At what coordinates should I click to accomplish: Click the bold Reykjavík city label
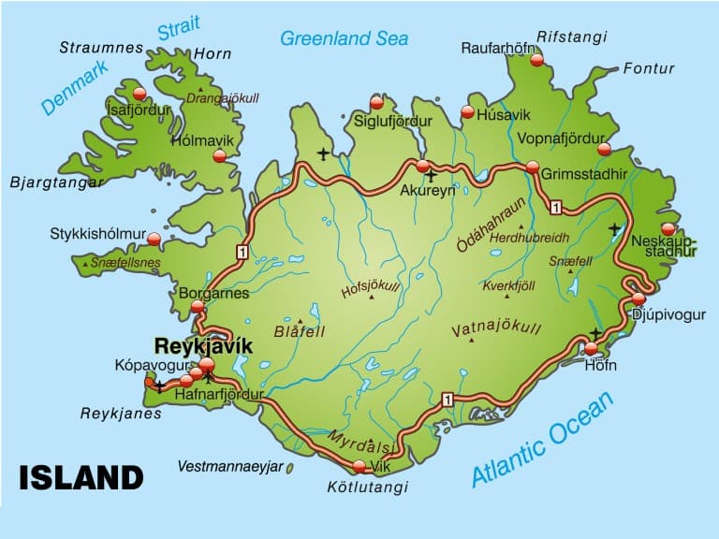[x=203, y=345]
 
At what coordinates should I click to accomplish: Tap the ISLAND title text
[x=81, y=477]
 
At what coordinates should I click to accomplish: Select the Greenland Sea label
[x=345, y=38]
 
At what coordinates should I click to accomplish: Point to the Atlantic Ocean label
[x=542, y=440]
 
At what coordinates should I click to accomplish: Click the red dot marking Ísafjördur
[x=139, y=93]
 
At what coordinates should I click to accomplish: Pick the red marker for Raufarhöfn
[x=536, y=60]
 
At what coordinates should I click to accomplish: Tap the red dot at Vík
[x=359, y=466]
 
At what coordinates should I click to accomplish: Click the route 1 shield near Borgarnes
[x=242, y=252]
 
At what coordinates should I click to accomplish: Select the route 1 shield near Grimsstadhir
[x=556, y=207]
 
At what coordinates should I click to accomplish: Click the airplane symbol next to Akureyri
[x=431, y=175]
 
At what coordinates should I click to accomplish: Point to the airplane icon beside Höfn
[x=595, y=333]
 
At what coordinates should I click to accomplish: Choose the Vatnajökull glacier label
[x=496, y=329]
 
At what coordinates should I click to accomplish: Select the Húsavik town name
[x=504, y=114]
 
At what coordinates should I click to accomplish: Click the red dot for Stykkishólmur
[x=154, y=240]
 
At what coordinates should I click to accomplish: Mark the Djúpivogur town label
[x=668, y=314]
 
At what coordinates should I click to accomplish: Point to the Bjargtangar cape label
[x=56, y=182]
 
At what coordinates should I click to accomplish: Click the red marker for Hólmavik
[x=220, y=156]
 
